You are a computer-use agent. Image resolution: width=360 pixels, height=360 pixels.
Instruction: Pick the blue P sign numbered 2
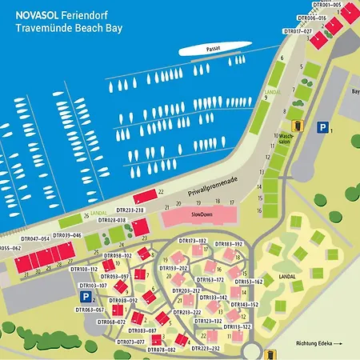point(82,297)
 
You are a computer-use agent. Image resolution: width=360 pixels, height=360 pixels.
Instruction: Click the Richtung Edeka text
point(319,343)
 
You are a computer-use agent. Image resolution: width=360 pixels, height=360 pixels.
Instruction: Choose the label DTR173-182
point(193,240)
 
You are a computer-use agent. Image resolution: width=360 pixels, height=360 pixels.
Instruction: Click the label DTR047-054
point(35,238)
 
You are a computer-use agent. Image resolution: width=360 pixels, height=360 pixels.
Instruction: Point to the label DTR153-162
point(248,282)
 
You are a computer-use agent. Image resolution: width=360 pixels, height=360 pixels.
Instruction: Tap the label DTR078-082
point(161,350)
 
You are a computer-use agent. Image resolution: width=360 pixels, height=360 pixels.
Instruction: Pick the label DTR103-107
point(92,285)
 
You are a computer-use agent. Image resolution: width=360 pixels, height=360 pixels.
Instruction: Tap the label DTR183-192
point(228,243)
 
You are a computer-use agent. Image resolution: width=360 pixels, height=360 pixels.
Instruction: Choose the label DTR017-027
point(298,30)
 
